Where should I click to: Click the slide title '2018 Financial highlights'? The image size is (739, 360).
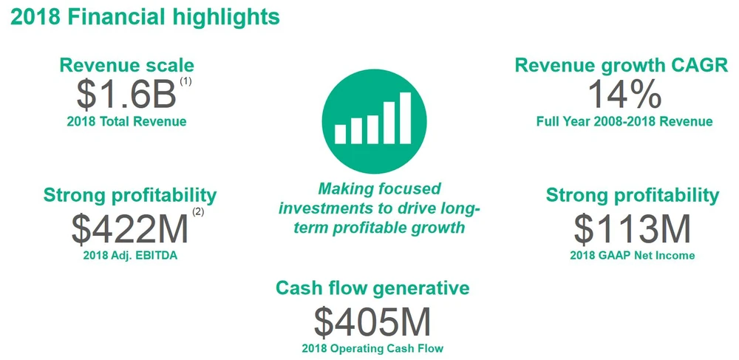click(145, 17)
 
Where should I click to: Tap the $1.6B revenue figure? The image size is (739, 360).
click(126, 94)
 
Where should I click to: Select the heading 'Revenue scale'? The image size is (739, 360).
click(127, 65)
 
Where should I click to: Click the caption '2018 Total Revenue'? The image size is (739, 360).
click(127, 121)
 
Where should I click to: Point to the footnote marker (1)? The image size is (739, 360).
click(185, 81)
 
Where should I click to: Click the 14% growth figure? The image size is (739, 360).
click(624, 93)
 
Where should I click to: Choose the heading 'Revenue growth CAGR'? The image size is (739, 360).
click(621, 65)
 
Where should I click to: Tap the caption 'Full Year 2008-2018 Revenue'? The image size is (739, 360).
click(624, 121)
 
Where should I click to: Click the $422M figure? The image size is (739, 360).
click(129, 229)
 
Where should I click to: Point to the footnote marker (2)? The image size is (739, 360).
click(198, 212)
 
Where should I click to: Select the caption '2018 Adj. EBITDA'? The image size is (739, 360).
click(130, 257)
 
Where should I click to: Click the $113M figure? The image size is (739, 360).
click(632, 229)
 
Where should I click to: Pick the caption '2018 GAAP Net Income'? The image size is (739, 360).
click(633, 255)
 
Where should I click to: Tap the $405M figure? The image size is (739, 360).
click(372, 322)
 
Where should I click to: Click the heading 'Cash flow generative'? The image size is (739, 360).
click(372, 288)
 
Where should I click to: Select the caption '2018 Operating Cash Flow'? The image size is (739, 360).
click(372, 349)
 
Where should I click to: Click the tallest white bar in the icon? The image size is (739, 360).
click(405, 118)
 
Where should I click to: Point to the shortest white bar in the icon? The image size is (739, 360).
click(340, 134)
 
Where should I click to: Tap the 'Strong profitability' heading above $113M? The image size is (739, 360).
click(633, 195)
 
